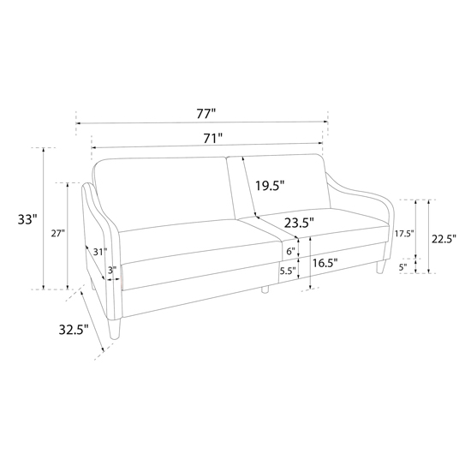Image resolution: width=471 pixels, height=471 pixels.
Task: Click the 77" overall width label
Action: click(x=206, y=114)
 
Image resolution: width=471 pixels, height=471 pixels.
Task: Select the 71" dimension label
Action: click(x=212, y=139)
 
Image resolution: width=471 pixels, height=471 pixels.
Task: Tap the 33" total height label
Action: click(x=27, y=219)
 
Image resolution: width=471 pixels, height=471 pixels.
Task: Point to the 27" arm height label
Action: click(x=57, y=234)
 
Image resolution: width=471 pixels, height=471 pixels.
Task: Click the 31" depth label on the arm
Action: click(x=99, y=252)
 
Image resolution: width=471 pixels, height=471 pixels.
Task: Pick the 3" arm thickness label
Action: click(x=112, y=271)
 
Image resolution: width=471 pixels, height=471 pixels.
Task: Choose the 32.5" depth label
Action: click(x=74, y=330)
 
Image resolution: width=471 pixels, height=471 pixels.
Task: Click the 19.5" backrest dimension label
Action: click(x=270, y=185)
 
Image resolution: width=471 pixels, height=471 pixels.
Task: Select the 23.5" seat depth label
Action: click(x=299, y=224)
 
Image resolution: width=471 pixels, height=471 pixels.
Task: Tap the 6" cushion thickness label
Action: click(x=290, y=251)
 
